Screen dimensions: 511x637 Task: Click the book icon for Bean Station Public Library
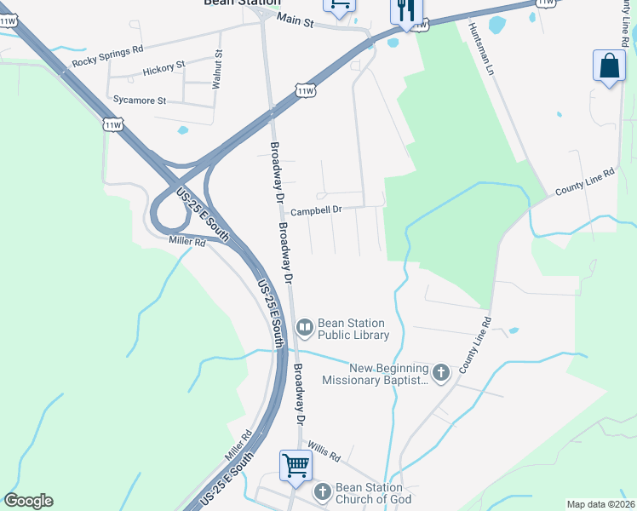tap(305, 327)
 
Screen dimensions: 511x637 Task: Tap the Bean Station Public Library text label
tap(352, 329)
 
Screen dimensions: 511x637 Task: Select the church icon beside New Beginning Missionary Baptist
tap(441, 372)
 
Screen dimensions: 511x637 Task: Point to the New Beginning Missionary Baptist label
tap(376, 374)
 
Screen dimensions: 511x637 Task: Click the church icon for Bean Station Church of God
tap(322, 491)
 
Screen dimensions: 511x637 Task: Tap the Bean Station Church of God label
tap(374, 493)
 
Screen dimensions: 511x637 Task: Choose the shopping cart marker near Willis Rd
tap(296, 467)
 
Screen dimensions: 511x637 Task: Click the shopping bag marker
tap(610, 66)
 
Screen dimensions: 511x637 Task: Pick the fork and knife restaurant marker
tap(405, 11)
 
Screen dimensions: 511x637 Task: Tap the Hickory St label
tap(164, 66)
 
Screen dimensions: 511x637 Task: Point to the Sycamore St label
tap(139, 100)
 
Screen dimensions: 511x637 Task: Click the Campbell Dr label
tap(316, 210)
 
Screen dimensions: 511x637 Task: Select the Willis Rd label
tap(324, 456)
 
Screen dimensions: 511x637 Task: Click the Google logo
tap(28, 501)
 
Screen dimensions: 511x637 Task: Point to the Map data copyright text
tap(600, 504)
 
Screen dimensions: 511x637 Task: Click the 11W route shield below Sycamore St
tap(112, 124)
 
